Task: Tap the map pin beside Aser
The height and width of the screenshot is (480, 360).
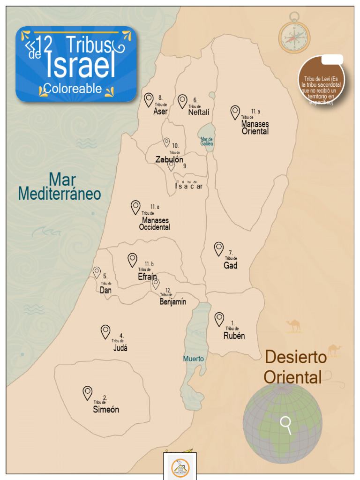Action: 149,99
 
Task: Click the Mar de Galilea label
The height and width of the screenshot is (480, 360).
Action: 207,141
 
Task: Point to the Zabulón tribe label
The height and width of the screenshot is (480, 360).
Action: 169,159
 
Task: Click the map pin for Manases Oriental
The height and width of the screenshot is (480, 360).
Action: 235,112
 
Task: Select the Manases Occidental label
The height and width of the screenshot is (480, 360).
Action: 155,224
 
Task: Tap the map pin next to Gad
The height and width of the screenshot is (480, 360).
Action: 219,248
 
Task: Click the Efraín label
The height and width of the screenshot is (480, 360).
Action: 147,277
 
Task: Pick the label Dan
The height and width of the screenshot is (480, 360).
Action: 106,290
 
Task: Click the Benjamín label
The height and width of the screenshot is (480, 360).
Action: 172,301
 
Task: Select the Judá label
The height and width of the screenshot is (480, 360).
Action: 120,348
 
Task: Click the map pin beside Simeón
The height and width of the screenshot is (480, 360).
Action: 88,392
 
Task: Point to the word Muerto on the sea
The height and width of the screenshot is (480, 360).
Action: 193,359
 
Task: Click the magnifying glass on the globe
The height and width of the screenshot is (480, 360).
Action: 286,424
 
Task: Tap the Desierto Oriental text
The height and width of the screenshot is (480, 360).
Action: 294,367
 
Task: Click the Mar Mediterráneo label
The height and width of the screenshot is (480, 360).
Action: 60,186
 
